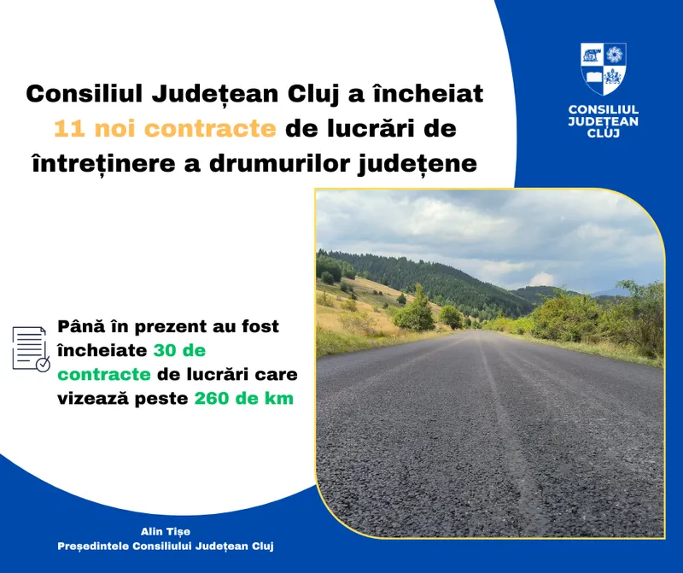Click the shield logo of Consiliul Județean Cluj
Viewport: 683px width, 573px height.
coord(604,68)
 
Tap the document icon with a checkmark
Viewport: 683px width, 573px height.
coord(31,348)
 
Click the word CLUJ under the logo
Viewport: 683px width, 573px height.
coord(604,133)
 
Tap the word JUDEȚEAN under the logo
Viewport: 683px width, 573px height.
coord(604,121)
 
